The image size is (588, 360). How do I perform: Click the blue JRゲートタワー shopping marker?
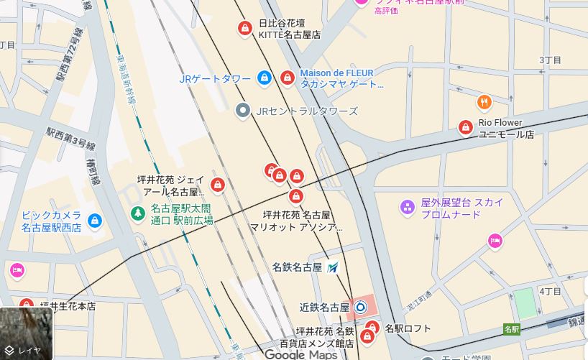click(265, 78)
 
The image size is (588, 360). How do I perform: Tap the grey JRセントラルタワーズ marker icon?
click(243, 111)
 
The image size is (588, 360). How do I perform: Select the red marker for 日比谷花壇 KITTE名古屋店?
click(244, 28)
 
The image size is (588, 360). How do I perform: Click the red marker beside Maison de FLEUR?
click(287, 77)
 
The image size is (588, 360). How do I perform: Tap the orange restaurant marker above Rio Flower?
click(484, 103)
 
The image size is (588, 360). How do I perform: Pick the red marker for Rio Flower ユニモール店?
click(465, 128)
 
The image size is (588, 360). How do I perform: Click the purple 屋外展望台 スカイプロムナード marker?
click(407, 208)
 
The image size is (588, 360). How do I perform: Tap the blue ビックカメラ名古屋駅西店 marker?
click(93, 221)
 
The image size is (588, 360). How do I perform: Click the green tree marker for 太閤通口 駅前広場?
click(137, 213)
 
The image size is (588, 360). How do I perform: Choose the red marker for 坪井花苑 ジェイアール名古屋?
click(217, 185)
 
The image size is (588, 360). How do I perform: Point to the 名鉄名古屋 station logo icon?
click(332, 267)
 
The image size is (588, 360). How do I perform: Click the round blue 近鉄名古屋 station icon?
click(360, 307)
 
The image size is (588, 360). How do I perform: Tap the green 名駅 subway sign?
click(511, 329)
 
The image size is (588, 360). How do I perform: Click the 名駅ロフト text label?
click(408, 329)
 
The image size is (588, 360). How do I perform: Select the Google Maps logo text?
click(300, 354)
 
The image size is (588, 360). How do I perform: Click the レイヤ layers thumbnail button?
click(26, 334)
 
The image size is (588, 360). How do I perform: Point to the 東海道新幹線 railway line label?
click(123, 79)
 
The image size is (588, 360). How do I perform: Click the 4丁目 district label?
click(550, 291)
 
